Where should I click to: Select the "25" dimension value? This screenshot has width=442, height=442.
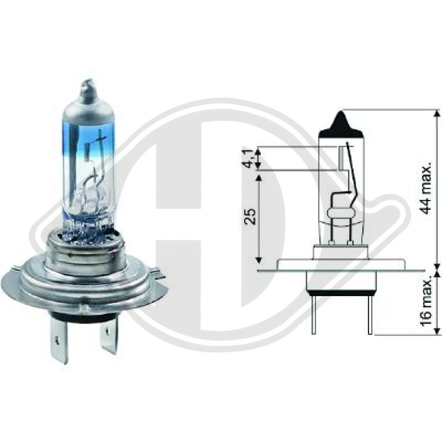click(x=251, y=217)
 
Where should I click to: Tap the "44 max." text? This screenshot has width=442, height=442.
click(x=426, y=188)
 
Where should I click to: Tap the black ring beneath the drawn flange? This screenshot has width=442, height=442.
click(x=341, y=293)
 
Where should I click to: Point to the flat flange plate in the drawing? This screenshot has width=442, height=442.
click(x=341, y=266)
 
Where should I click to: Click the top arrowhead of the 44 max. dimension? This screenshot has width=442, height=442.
click(x=437, y=114)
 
